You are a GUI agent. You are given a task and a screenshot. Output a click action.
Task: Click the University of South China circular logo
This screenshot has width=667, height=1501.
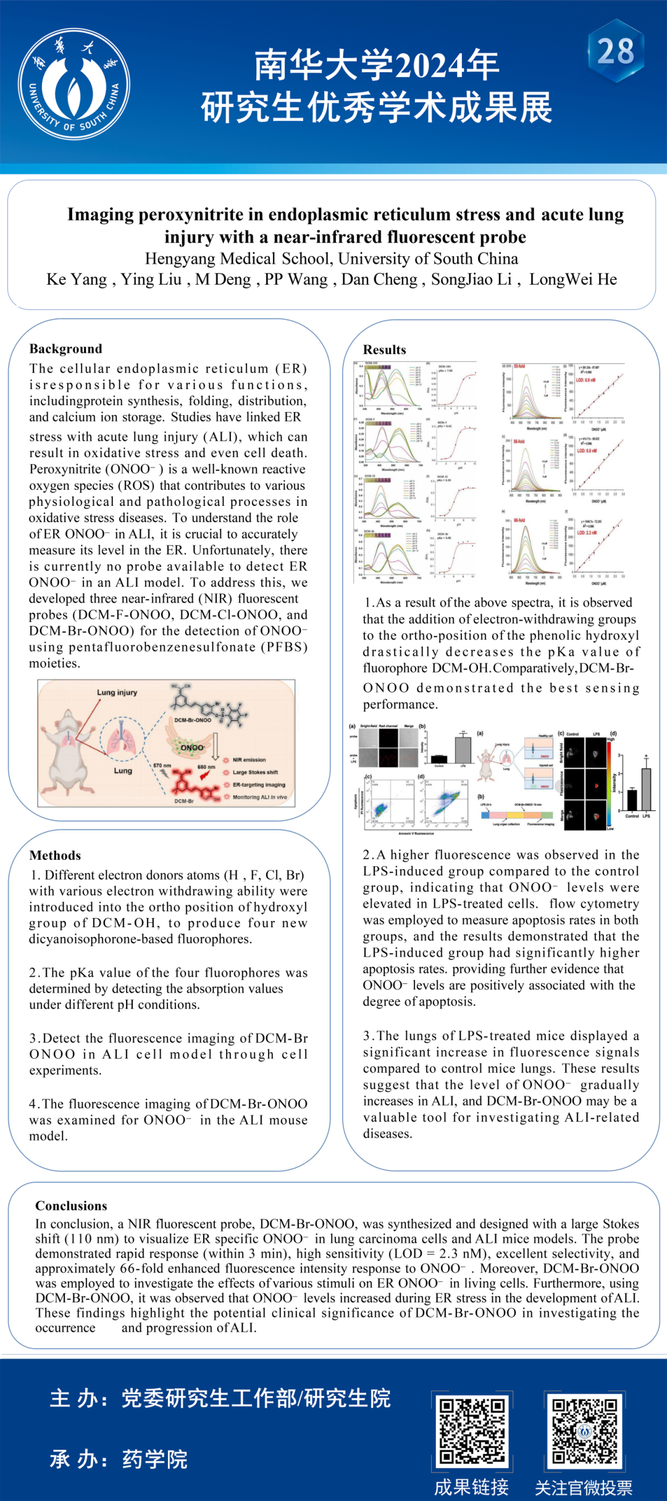click(73, 84)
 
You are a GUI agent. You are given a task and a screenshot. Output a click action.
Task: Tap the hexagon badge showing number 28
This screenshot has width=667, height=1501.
click(615, 51)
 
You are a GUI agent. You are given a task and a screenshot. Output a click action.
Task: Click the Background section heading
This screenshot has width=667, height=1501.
click(65, 348)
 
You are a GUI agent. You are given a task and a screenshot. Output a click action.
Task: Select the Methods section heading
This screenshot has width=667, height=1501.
click(55, 855)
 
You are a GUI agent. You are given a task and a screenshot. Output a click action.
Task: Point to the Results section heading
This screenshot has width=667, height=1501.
click(384, 350)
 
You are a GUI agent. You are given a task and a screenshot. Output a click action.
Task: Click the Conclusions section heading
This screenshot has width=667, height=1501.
click(71, 1205)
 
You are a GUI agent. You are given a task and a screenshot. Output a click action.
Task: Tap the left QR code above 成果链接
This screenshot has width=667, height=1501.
click(472, 1431)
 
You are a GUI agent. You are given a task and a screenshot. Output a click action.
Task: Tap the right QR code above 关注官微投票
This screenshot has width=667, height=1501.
click(584, 1431)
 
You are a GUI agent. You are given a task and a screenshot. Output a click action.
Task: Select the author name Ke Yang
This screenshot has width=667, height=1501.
click(77, 279)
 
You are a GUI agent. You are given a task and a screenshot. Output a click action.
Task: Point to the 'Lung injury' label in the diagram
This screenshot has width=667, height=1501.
click(117, 692)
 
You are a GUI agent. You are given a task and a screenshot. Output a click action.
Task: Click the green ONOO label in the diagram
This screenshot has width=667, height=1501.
click(192, 747)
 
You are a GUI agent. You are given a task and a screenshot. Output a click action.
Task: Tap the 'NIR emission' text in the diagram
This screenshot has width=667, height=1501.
click(249, 760)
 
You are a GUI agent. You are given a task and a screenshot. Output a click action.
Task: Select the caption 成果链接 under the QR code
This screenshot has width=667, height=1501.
click(471, 1487)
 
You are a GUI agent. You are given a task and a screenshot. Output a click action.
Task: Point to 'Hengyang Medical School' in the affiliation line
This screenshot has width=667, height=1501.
click(239, 258)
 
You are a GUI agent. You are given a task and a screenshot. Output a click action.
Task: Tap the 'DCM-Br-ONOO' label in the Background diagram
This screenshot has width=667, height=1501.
click(193, 720)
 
